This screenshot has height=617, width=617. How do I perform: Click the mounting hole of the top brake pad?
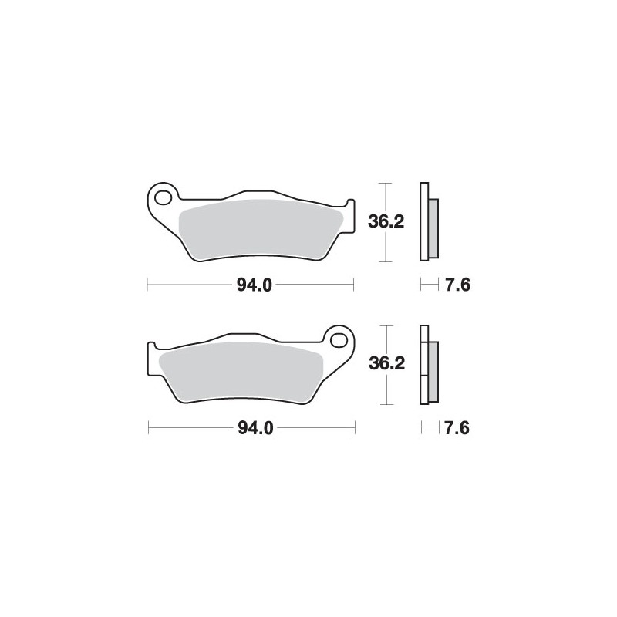(x=163, y=197)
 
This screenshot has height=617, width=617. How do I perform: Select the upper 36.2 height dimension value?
(x=386, y=221)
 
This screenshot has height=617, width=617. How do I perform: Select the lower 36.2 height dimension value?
(x=386, y=364)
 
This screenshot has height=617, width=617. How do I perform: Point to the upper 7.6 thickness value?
(x=457, y=285)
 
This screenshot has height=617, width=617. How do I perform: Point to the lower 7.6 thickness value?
(x=457, y=428)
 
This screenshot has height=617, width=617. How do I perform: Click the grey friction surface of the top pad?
(x=258, y=230)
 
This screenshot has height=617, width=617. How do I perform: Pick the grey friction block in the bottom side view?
(x=432, y=369)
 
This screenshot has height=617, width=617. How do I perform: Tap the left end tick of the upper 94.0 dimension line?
(x=147, y=285)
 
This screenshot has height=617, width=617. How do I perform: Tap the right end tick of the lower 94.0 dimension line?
(x=355, y=428)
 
